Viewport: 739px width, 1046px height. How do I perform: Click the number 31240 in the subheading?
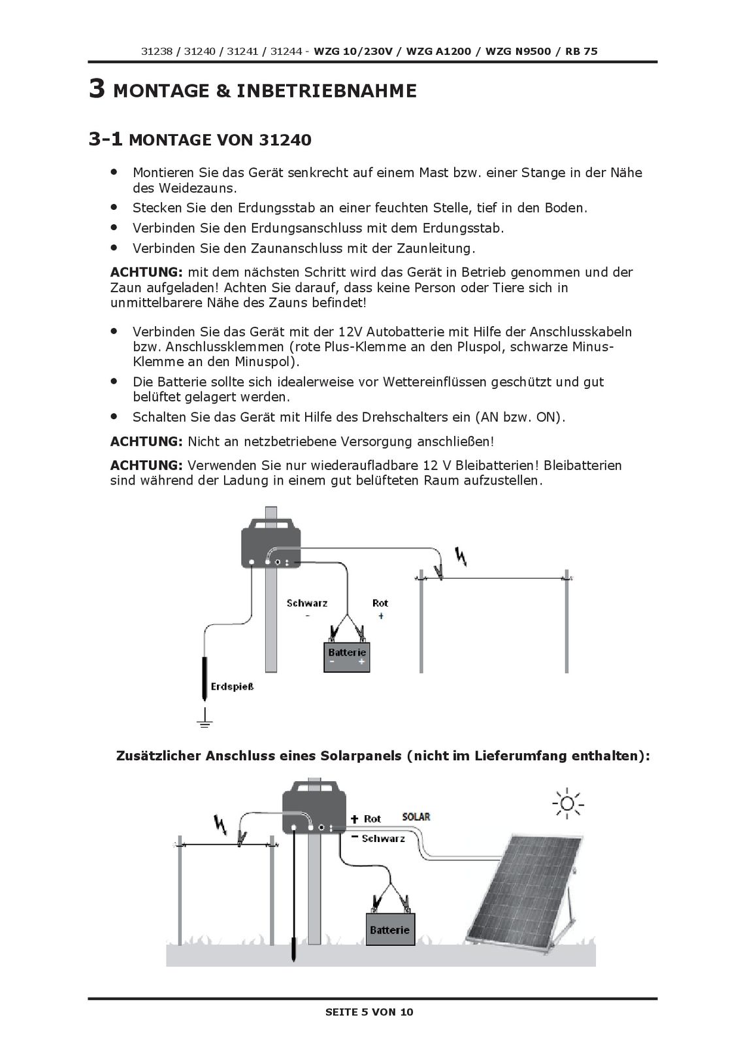[x=285, y=141]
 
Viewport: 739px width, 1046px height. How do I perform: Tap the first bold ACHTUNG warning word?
[x=146, y=272]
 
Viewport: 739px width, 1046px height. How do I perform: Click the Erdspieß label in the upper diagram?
[x=232, y=686]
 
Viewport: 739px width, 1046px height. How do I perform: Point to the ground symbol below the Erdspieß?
[x=205, y=720]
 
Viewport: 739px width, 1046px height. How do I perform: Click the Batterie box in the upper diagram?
[x=347, y=656]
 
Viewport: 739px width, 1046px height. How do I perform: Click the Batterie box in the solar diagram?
[x=389, y=929]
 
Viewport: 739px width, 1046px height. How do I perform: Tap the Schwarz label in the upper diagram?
[x=306, y=603]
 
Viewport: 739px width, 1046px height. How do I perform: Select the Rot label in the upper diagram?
[x=380, y=603]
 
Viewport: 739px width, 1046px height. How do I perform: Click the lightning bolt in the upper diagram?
[x=462, y=557]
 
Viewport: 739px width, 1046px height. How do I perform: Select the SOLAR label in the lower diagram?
[x=416, y=817]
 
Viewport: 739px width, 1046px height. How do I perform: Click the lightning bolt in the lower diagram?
[x=220, y=825]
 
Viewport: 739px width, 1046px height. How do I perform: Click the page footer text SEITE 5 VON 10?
[x=369, y=1012]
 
